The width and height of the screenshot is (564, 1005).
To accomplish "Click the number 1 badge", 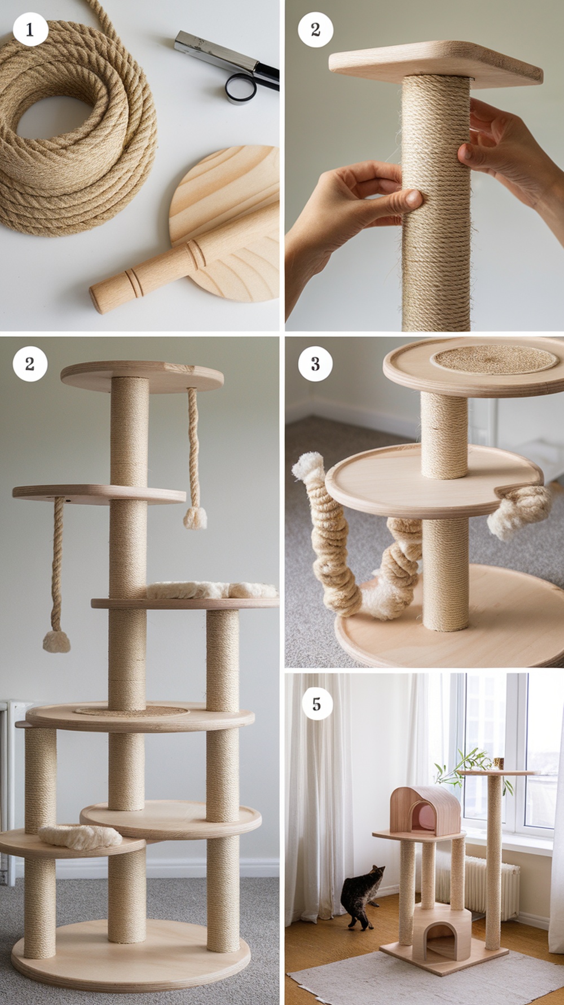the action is click(x=30, y=29).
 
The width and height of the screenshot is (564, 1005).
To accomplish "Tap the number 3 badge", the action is click(x=315, y=364).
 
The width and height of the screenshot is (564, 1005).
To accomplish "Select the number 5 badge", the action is click(x=316, y=704).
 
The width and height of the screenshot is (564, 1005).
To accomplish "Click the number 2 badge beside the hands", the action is click(x=315, y=29).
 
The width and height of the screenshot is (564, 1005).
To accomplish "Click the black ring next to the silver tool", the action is click(x=241, y=89).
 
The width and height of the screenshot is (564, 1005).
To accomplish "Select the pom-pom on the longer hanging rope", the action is click(x=56, y=642).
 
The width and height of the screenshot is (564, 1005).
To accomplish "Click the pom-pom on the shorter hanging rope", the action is click(x=195, y=517).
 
